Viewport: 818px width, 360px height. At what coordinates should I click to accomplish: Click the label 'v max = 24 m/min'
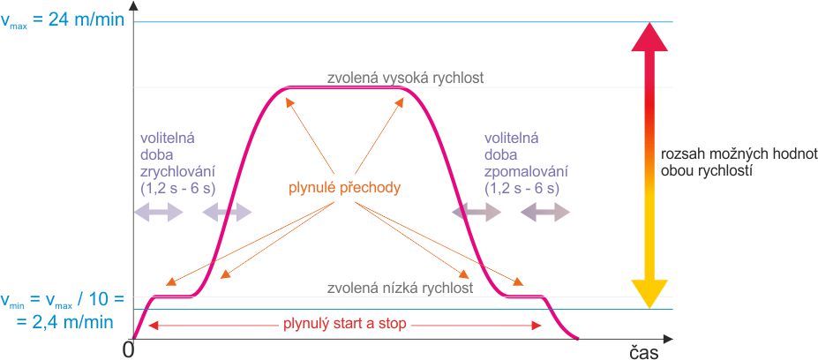click(63, 19)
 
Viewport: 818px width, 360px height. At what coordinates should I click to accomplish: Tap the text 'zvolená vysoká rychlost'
click(406, 78)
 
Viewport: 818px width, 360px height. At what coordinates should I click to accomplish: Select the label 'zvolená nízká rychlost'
click(400, 288)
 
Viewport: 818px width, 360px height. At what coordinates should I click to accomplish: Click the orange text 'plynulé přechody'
click(345, 188)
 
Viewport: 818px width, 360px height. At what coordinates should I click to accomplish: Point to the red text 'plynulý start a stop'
click(344, 325)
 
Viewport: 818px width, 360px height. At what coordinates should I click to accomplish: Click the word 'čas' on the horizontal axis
click(642, 352)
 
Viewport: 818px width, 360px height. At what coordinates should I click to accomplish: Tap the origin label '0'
click(128, 349)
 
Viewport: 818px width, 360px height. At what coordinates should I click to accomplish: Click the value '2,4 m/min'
click(64, 321)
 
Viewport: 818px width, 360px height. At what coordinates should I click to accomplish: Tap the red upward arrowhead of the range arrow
click(649, 36)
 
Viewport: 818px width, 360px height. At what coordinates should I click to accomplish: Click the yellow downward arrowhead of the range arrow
click(649, 294)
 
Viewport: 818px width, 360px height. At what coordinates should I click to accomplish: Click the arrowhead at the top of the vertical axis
click(134, 6)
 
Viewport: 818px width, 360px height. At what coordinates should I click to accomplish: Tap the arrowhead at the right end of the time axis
click(668, 340)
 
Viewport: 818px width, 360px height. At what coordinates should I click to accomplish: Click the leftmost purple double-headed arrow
click(159, 213)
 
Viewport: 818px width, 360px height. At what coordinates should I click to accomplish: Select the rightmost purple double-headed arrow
click(545, 213)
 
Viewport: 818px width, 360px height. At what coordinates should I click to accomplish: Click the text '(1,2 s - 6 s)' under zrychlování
click(177, 188)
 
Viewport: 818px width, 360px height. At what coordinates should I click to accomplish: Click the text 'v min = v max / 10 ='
click(63, 301)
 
